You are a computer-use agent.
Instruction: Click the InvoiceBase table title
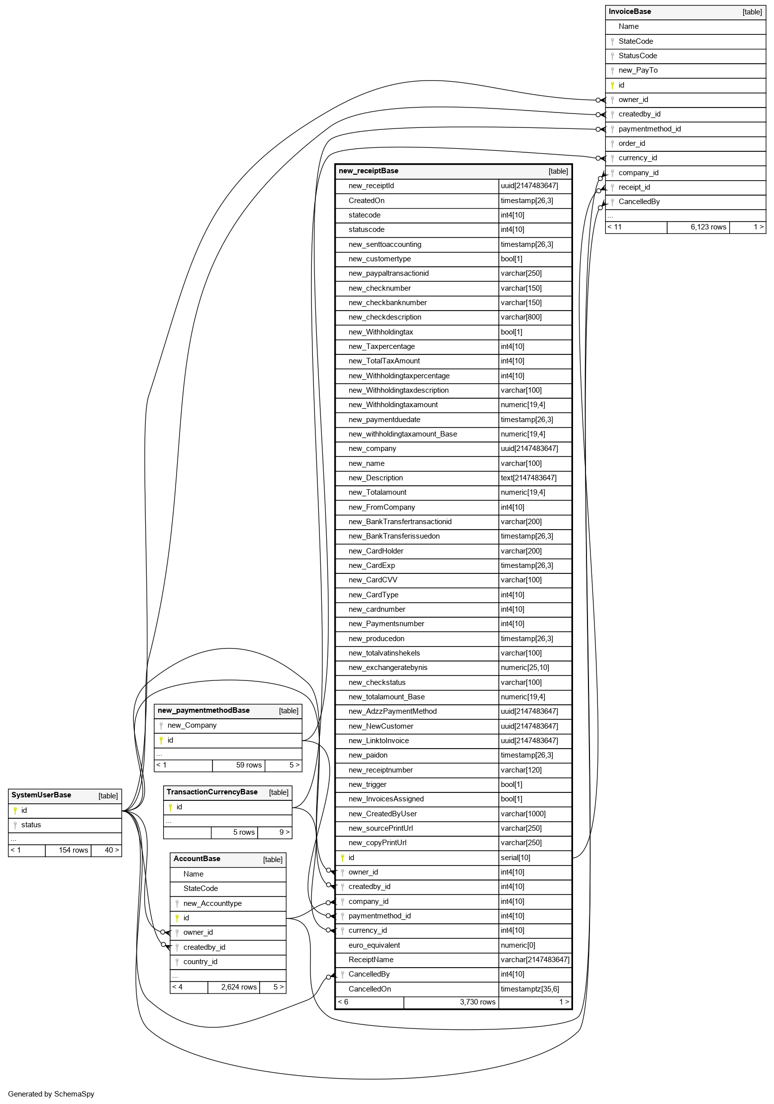[x=630, y=11]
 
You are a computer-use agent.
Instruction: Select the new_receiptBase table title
[x=369, y=171]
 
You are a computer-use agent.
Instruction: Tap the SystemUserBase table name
[x=41, y=795]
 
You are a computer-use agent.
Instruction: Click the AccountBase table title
[x=197, y=859]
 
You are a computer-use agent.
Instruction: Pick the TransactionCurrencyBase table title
[x=212, y=792]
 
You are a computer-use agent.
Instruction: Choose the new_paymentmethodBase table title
[x=203, y=710]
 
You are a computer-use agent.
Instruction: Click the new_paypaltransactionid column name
[x=388, y=273]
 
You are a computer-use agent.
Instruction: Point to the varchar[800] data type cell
[x=521, y=317]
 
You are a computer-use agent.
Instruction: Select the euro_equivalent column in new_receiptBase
[x=374, y=945]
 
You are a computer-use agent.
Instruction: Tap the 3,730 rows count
[x=478, y=1002]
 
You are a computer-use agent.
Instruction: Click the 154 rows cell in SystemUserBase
[x=73, y=850]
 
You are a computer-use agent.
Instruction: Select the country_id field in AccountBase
[x=200, y=962]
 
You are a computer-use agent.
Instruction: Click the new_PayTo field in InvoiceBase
[x=638, y=70]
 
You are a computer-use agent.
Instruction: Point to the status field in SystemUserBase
[x=31, y=825]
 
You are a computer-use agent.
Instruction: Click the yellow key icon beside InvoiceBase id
[x=612, y=85]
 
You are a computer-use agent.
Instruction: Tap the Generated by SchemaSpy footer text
[x=51, y=1094]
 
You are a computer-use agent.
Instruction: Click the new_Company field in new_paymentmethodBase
[x=192, y=725]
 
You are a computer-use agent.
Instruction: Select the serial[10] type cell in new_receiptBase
[x=516, y=858]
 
